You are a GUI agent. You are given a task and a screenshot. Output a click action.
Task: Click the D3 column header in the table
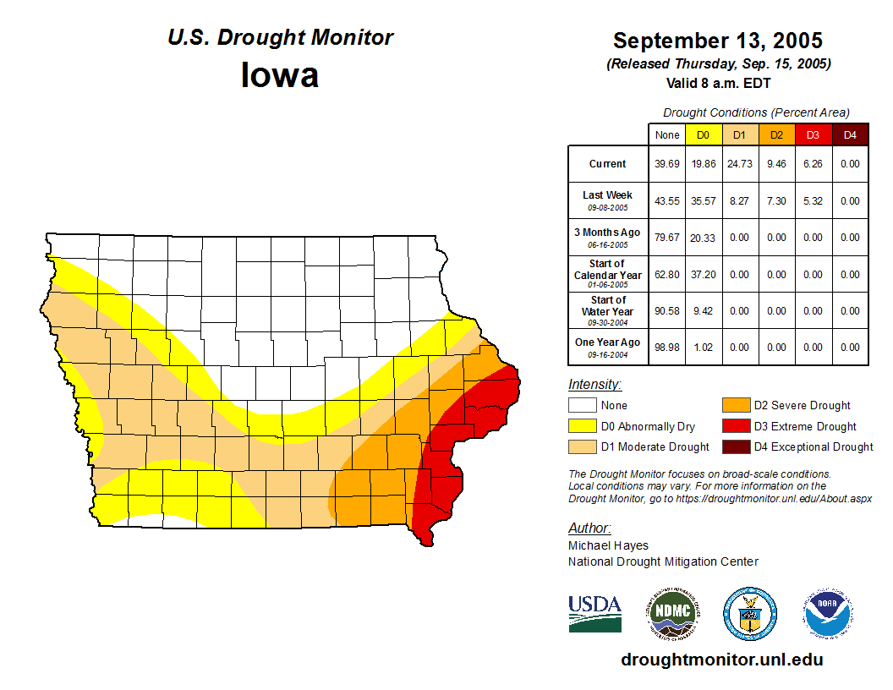(x=813, y=134)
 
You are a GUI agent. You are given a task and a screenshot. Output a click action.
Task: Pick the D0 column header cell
(x=703, y=134)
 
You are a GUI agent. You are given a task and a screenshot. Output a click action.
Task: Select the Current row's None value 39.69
(x=666, y=164)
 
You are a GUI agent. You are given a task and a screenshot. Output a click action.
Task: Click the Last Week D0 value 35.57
(x=703, y=201)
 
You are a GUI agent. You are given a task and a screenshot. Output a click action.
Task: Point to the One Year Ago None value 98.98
(x=666, y=347)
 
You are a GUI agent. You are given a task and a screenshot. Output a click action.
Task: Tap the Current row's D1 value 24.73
(x=739, y=164)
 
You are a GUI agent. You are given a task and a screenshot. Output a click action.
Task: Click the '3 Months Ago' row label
(x=607, y=237)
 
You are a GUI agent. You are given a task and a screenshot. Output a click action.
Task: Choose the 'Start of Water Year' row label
(x=607, y=310)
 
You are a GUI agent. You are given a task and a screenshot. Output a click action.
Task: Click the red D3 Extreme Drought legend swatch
(x=735, y=426)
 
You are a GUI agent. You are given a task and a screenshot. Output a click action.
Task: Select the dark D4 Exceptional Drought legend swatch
(x=735, y=446)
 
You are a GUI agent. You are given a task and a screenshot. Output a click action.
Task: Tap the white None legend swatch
(x=582, y=406)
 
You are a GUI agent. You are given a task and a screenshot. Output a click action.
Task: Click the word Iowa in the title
(x=280, y=75)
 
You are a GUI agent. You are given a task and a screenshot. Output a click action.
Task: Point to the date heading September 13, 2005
(x=717, y=41)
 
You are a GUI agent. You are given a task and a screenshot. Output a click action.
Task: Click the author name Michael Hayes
(x=608, y=545)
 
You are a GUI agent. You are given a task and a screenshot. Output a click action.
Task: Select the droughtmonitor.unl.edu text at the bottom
(x=721, y=660)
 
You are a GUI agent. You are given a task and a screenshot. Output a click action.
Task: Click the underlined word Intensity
(x=594, y=385)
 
